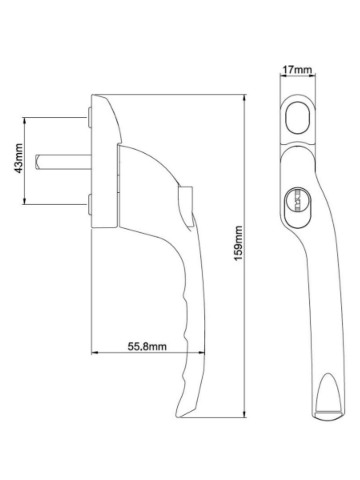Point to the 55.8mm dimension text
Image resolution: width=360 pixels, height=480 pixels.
pos(147,346)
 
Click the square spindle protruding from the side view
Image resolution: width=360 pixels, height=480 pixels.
pos(62,162)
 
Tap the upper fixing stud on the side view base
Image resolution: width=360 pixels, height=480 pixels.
pos(89,117)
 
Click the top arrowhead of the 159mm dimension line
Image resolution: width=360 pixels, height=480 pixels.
pos(244,97)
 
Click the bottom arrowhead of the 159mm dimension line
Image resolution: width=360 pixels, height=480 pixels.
pos(244,415)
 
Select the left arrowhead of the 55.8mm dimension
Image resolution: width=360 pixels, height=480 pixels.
pos(94,353)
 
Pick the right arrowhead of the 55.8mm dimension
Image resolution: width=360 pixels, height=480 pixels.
pos(202,353)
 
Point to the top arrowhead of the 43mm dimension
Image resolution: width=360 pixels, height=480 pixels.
pos(24,120)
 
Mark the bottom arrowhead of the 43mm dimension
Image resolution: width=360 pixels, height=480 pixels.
pos(24,202)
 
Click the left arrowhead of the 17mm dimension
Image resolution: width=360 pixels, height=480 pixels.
pos(282,74)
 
